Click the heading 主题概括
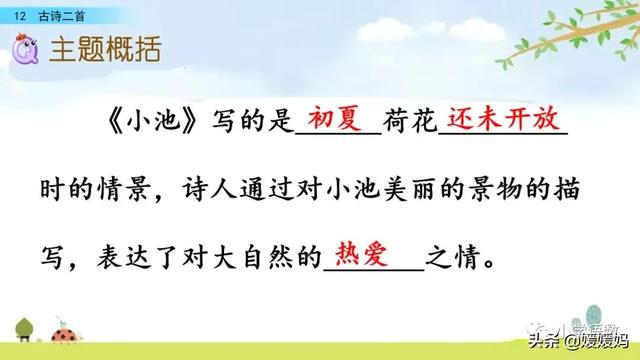click(105, 50)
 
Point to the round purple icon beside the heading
click(24, 47)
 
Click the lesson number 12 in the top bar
click(19, 10)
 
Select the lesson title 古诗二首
click(58, 10)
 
